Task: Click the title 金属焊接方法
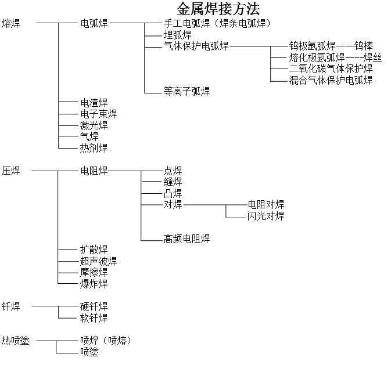[218, 9]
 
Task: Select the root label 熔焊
[10, 23]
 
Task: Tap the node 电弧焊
[94, 23]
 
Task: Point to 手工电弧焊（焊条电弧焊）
[217, 23]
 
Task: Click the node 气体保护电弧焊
[196, 46]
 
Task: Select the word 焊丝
[372, 57]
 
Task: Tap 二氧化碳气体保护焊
[331, 68]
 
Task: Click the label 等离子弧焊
[186, 91]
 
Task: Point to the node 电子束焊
[98, 114]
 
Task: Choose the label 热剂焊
[94, 148]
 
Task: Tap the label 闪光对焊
[266, 216]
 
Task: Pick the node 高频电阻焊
[186, 238]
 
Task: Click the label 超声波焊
[98, 261]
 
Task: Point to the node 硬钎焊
[94, 306]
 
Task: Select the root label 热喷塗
[15, 340]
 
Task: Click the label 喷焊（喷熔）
[105, 340]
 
